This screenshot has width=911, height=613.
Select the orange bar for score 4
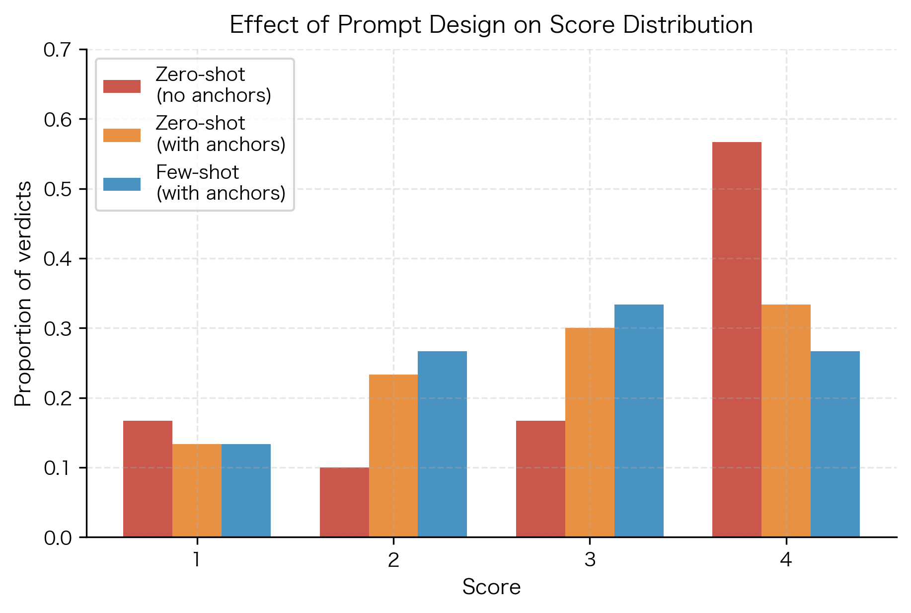786,421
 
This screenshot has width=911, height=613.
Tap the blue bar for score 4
835,444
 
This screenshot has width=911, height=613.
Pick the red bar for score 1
148,479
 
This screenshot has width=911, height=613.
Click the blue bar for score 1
246,490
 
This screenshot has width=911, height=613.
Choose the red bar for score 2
344,502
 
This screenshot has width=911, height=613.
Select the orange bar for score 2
393,456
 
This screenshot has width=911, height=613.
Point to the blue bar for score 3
639,421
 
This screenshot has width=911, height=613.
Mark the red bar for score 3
540,479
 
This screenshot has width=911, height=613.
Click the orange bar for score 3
590,432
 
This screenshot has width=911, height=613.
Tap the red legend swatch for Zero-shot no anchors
122,85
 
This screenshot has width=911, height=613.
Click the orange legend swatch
122,135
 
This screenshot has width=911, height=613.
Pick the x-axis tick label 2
393,560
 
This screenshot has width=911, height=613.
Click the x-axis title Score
491,587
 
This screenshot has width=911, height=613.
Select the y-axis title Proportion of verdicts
23,294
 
